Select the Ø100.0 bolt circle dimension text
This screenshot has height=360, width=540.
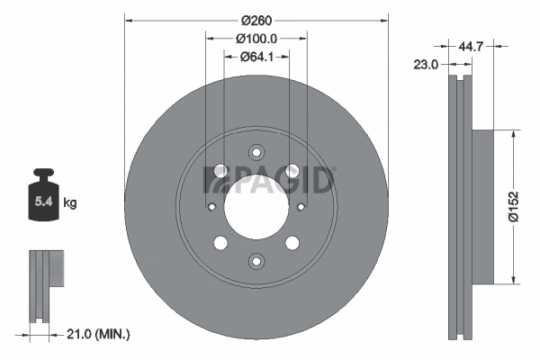(x=256, y=40)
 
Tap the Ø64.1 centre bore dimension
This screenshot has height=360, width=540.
(x=256, y=58)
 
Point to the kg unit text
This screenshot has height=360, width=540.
(x=70, y=203)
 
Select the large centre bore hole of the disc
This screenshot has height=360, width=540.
(x=256, y=206)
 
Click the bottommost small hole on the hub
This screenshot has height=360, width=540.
(x=256, y=261)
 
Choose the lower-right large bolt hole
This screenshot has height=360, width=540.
(x=292, y=242)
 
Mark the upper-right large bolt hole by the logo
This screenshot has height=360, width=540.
(x=292, y=170)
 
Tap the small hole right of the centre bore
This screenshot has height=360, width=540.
(x=301, y=206)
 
